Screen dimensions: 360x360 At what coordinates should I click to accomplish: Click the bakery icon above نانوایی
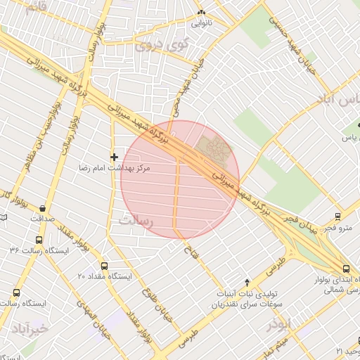coord(202,13)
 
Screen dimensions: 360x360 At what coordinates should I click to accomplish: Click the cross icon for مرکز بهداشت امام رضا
coord(114,156)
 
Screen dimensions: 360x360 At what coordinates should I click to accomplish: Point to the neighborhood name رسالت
coord(136,220)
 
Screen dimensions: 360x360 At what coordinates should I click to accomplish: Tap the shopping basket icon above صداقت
coord(44,207)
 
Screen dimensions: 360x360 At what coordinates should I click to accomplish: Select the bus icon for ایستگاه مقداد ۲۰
coord(105,266)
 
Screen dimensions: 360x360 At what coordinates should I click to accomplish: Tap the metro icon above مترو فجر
coord(339,216)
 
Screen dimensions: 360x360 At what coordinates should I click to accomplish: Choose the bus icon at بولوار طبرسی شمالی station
coord(345,269)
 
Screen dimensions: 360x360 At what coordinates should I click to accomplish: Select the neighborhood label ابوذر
coord(278,326)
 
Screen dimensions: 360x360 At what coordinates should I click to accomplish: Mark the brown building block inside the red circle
coord(214,148)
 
